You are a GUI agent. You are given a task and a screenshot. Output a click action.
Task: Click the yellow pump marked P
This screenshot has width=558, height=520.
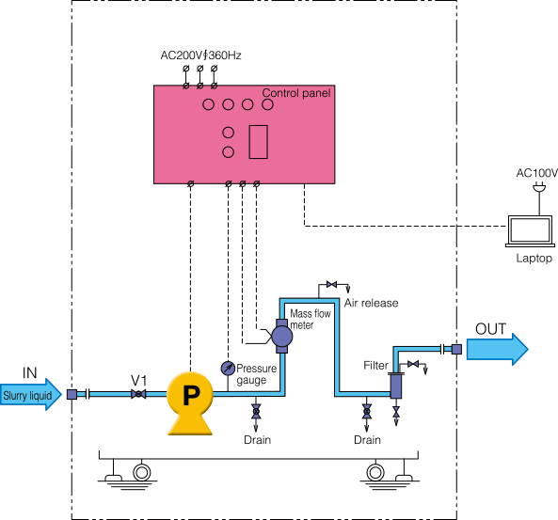point(190,402)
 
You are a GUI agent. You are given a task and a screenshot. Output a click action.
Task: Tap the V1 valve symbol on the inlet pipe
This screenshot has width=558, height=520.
point(138,394)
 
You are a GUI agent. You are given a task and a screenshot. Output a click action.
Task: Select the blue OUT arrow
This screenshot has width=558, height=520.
point(497,349)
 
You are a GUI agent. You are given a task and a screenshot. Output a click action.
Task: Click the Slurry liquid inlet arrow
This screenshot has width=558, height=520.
point(31,394)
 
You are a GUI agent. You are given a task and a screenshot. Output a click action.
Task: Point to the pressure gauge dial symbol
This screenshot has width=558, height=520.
point(228,369)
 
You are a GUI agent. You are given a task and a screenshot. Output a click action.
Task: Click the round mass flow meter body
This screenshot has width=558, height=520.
point(282,337)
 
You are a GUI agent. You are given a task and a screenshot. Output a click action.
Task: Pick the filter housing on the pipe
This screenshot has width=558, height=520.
point(396,386)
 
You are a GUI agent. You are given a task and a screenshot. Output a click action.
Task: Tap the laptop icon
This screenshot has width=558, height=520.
point(530,231)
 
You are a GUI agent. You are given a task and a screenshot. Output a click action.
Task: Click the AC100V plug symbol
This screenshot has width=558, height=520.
point(539,187)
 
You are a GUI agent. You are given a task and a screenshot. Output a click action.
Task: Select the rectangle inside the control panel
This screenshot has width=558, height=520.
point(259,142)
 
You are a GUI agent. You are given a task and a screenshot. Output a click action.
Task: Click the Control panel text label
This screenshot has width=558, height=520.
point(296,93)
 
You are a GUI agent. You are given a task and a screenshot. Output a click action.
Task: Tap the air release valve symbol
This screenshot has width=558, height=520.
point(331,285)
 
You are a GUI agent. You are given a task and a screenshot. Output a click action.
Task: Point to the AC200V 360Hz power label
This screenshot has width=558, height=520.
point(200,55)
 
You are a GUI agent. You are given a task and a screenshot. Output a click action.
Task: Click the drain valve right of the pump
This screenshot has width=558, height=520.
point(256,412)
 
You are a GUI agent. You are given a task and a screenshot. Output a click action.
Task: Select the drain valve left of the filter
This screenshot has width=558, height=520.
point(367,412)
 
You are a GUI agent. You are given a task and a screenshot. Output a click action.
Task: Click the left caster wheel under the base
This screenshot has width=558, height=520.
point(142,473)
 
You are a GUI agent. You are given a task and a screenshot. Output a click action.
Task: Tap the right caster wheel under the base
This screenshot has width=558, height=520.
point(375,473)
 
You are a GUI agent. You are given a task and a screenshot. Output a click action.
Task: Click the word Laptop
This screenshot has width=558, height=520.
point(534,259)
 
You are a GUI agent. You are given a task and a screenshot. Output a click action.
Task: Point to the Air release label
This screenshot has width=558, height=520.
point(371,303)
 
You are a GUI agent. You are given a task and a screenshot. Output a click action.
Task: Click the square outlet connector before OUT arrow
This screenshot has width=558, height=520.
point(456,349)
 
